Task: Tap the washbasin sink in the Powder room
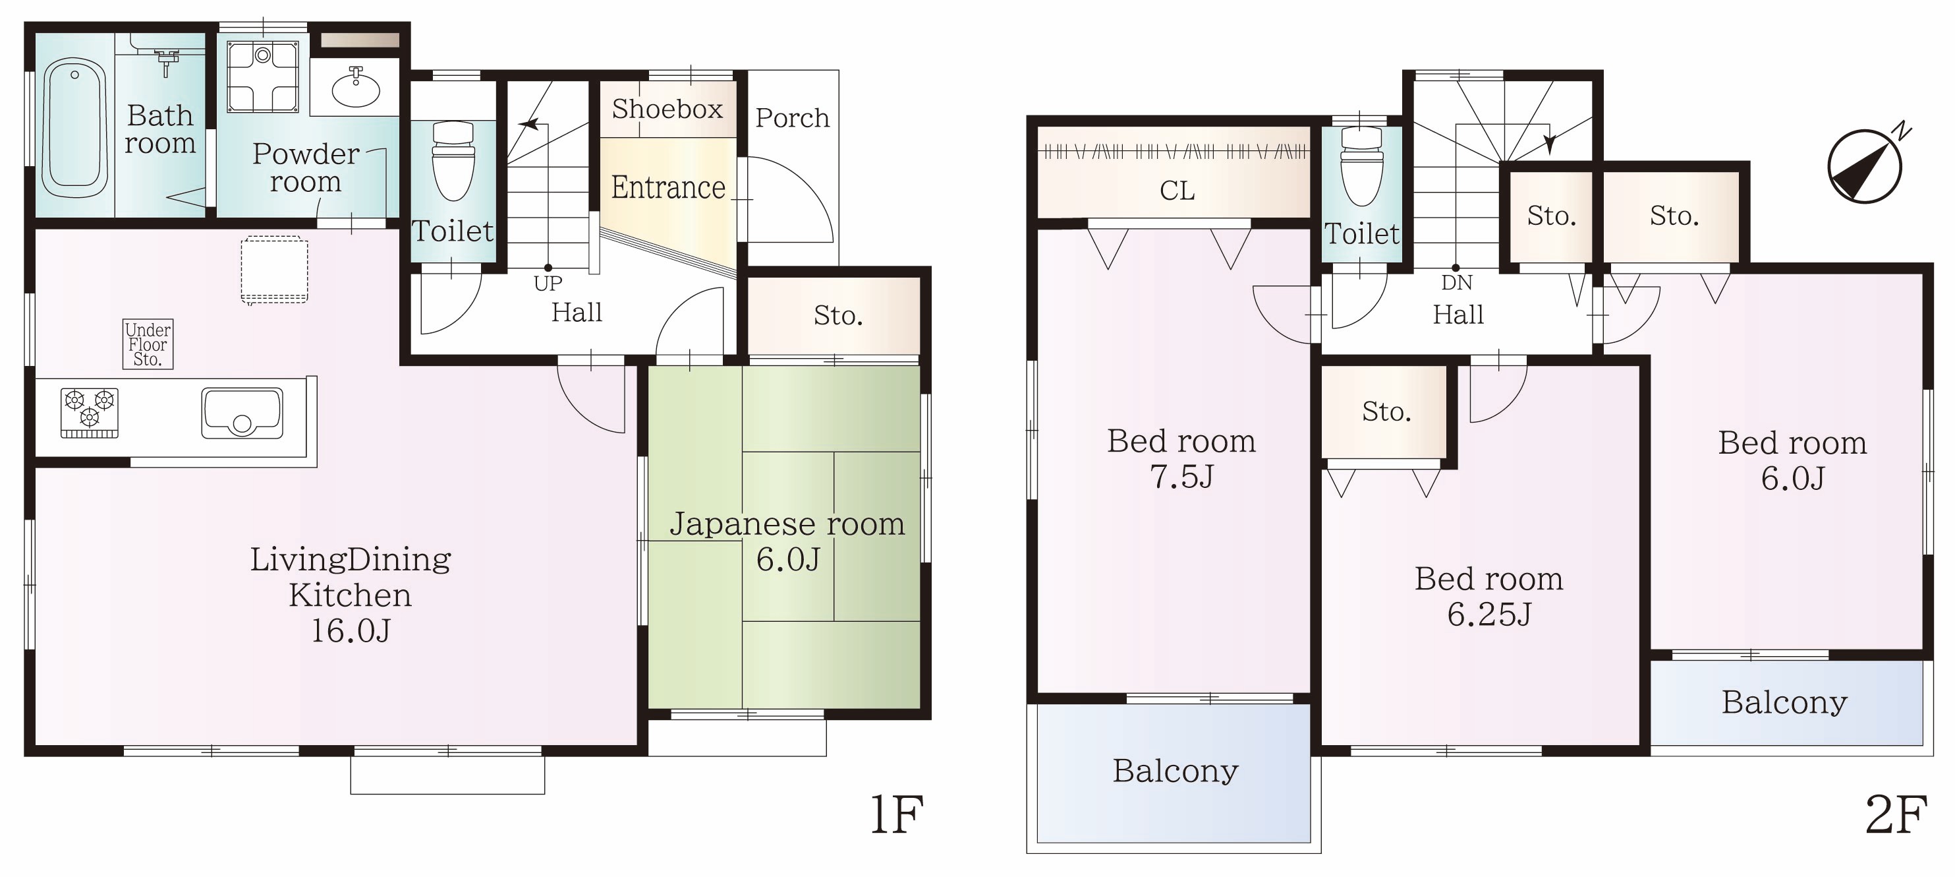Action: coord(356,89)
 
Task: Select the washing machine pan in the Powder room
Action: coord(263,76)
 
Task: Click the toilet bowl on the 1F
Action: coord(453,160)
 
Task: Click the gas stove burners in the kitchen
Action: coord(90,413)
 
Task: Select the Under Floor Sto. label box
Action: coord(148,344)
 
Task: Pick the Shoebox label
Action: coord(667,109)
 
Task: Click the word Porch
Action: coord(792,119)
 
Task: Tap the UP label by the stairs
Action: coord(548,284)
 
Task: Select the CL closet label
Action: coord(1177,191)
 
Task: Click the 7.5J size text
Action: coord(1181,477)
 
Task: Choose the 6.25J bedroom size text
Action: coord(1488,615)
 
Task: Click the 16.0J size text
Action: coord(351,630)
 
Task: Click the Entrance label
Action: coord(668,187)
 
